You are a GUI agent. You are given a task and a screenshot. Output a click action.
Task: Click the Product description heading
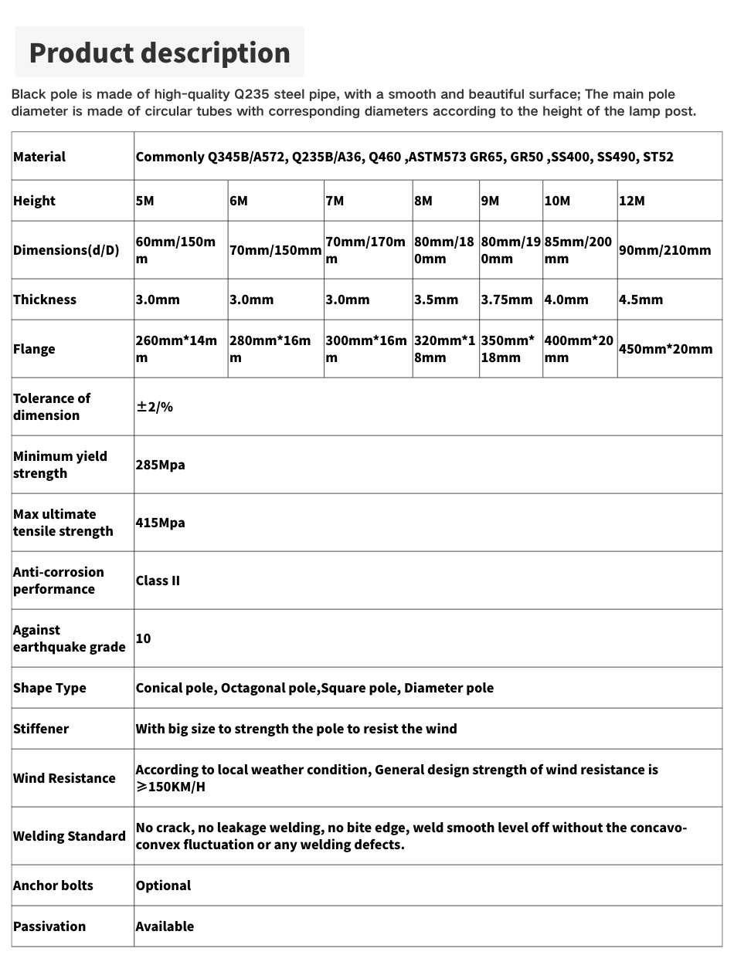point(159,52)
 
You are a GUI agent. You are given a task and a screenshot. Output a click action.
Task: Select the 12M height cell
point(631,201)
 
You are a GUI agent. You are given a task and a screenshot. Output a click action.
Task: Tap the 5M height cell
point(144,201)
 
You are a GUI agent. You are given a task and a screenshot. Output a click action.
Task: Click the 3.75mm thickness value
point(506,300)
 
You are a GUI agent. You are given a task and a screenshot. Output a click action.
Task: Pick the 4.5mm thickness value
point(641,300)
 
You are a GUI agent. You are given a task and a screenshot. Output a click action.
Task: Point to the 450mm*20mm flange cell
point(665,349)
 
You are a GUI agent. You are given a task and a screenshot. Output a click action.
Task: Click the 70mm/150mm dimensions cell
point(275,250)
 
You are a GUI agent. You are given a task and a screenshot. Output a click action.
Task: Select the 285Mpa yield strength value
point(160,465)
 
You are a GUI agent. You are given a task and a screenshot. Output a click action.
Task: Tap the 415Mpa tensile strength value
point(160,523)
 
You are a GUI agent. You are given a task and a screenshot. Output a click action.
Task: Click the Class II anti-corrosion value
point(158,581)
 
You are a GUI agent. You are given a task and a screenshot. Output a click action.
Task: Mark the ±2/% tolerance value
point(155,407)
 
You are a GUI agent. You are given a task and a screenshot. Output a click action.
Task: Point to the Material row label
point(39,157)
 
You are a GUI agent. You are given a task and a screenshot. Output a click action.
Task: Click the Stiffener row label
point(41,729)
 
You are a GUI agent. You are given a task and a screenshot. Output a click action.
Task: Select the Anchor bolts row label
point(53,885)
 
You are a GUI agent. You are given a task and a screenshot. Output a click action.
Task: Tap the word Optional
point(163,885)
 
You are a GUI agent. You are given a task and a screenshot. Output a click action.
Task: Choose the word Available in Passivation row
point(165,926)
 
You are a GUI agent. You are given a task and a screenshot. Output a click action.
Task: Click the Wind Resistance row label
point(63,778)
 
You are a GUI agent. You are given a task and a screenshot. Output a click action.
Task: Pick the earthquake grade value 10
point(143,638)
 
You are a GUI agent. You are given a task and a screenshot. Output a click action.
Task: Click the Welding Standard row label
point(69,836)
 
